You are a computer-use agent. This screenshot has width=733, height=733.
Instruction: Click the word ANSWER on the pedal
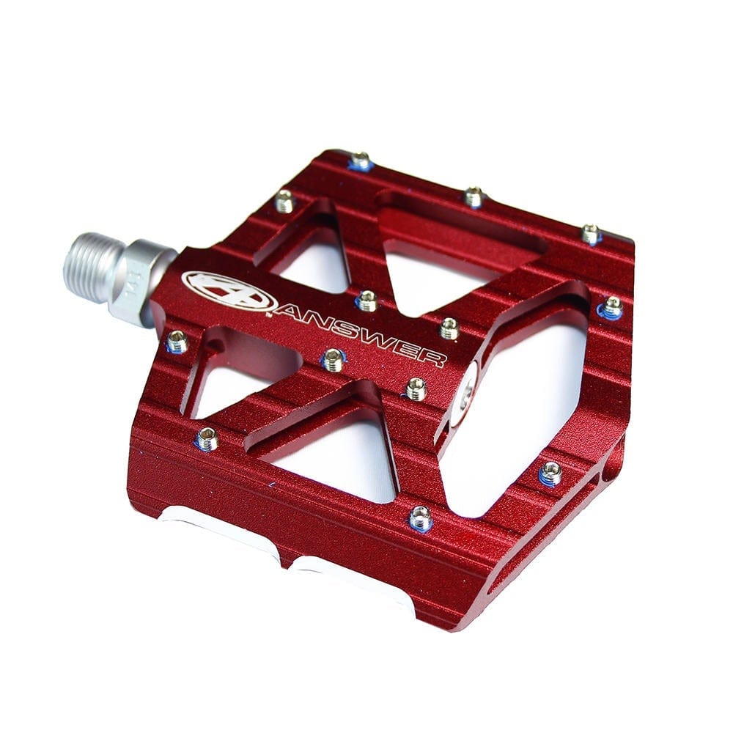click(x=359, y=332)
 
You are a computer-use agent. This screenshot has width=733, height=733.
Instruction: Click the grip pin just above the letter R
click(x=449, y=328)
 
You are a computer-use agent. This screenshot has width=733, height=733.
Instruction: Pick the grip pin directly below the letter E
click(x=416, y=388)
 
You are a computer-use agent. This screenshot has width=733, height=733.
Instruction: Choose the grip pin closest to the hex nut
click(x=176, y=341)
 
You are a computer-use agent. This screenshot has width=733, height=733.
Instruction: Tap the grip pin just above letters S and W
click(x=366, y=300)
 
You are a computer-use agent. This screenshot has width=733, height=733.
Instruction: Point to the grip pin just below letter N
click(x=334, y=359)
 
